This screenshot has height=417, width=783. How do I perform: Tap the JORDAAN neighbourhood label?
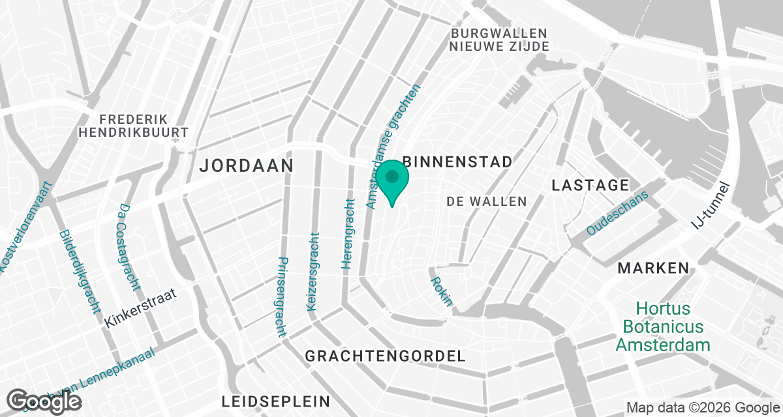pyautogui.click(x=246, y=165)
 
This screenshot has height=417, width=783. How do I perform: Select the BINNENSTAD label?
pyautogui.click(x=457, y=162)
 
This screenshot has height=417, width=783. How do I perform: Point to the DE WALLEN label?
pyautogui.click(x=487, y=202)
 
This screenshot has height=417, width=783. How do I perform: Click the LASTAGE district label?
pyautogui.click(x=590, y=185)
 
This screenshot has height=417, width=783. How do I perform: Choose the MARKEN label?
pyautogui.click(x=653, y=268)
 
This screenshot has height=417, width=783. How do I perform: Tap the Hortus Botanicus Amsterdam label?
pyautogui.click(x=662, y=326)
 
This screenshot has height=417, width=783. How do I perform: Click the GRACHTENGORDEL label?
pyautogui.click(x=386, y=356)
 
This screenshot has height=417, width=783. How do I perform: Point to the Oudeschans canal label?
pyautogui.click(x=618, y=213)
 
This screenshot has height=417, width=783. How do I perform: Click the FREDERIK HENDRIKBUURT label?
pyautogui.click(x=133, y=126)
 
